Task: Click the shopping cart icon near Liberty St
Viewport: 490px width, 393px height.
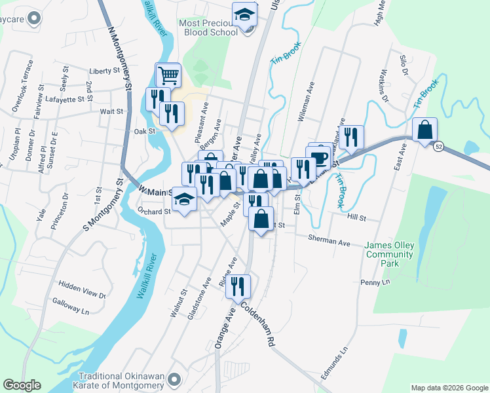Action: coord(168,75)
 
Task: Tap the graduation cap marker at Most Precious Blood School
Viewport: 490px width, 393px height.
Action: coord(245,14)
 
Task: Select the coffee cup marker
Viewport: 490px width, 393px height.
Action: coord(320,157)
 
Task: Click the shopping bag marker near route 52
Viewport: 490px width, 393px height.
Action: coord(424,130)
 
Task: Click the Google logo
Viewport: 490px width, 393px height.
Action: coord(22,385)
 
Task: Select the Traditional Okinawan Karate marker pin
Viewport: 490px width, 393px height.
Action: coord(174,379)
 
